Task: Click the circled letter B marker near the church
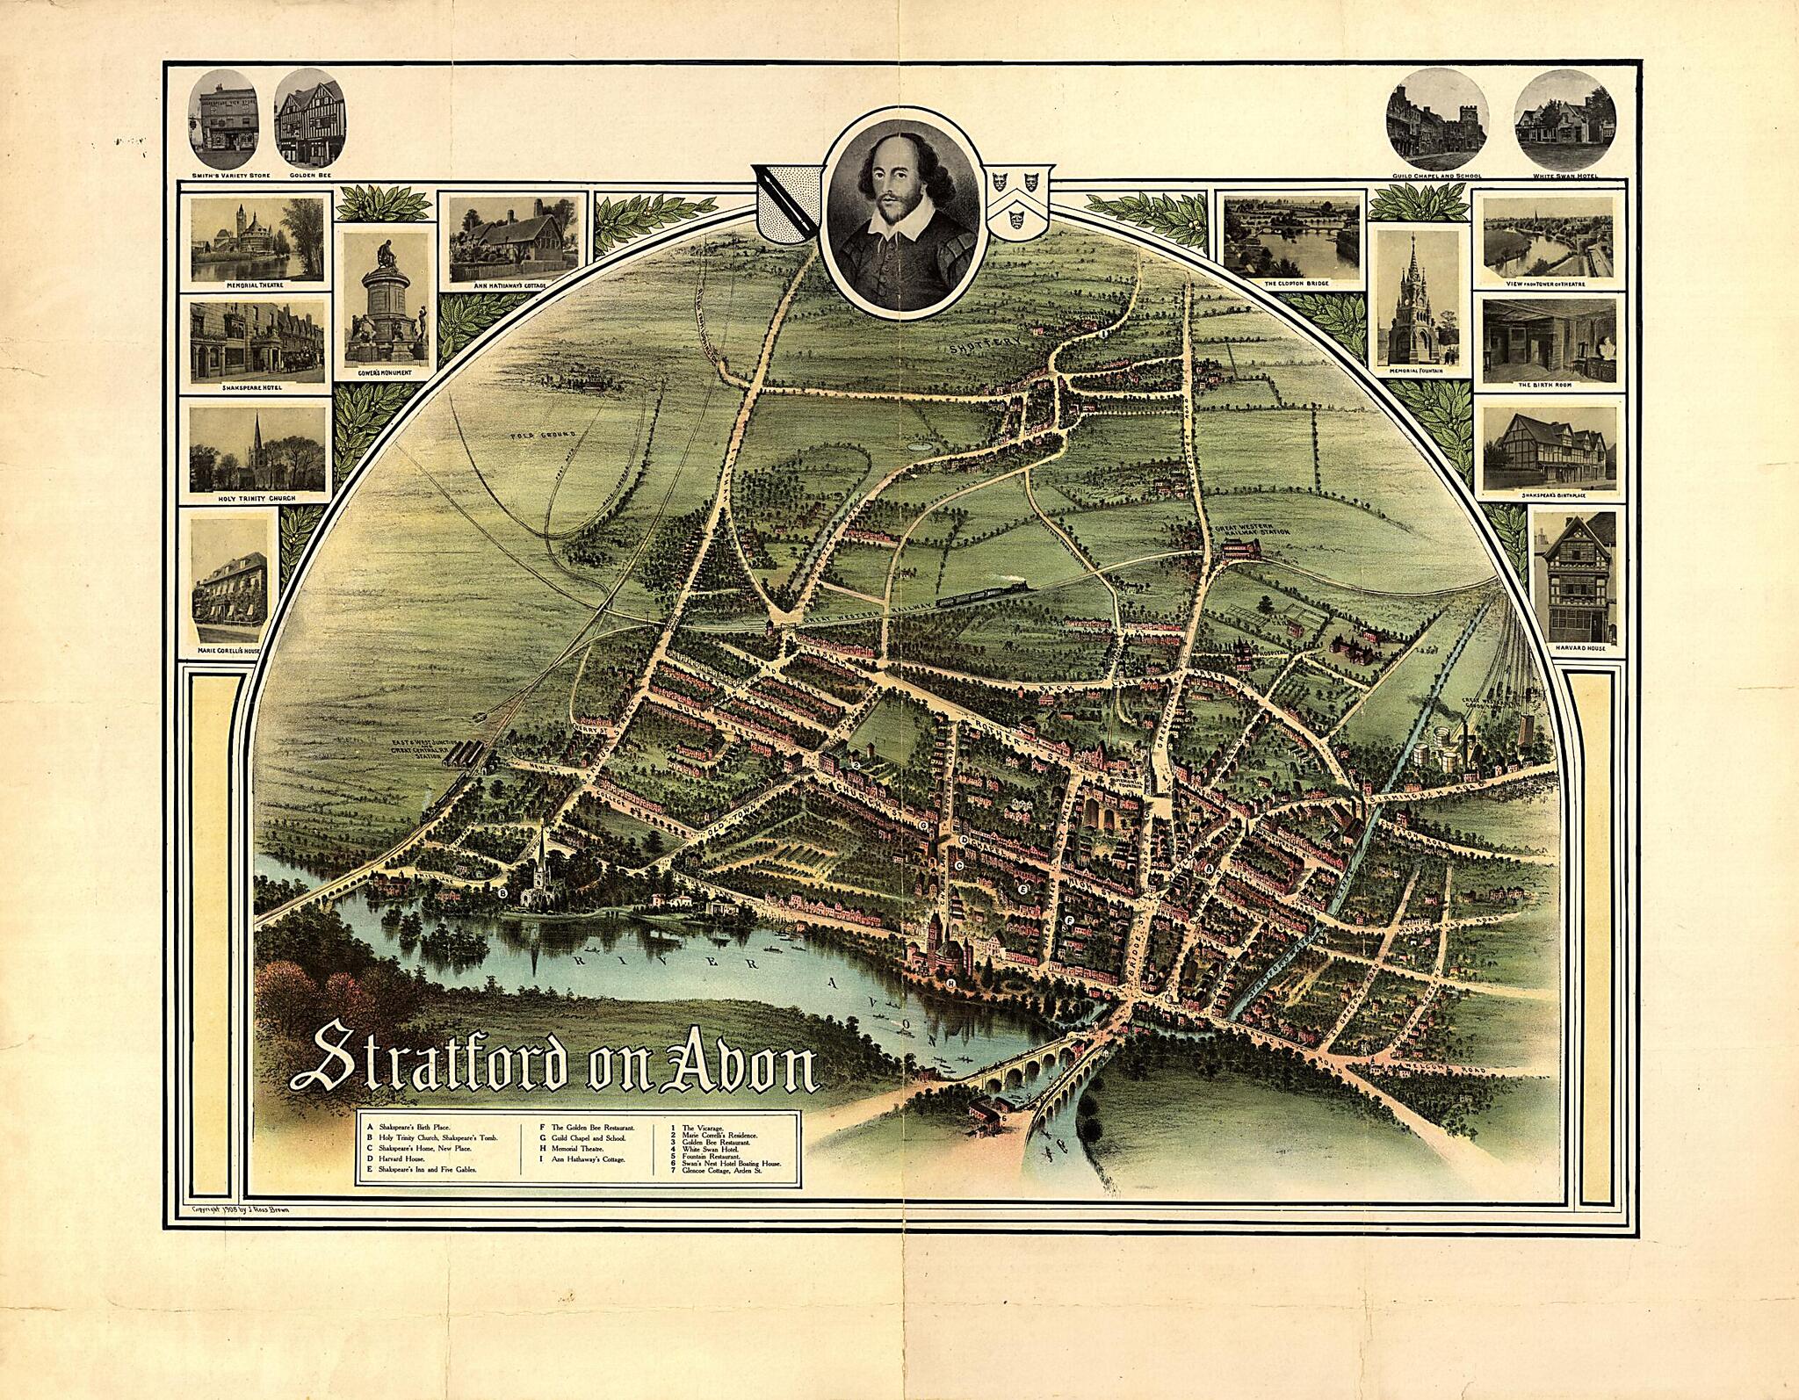[503, 892]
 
